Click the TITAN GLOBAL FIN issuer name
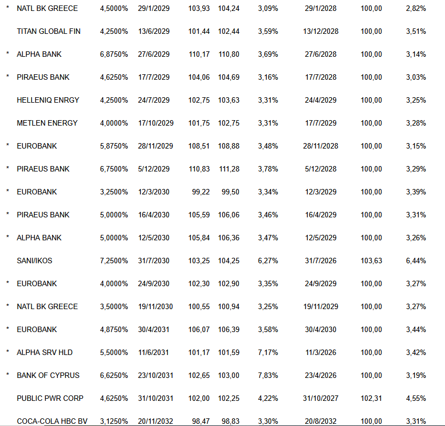(49, 31)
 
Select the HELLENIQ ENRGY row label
(48, 100)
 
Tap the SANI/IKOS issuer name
(34, 261)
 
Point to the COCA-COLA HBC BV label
(52, 421)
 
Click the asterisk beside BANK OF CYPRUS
(8, 375)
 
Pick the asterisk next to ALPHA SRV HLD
(8, 352)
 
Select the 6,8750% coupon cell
(114, 54)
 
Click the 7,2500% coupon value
(114, 261)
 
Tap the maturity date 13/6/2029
(154, 31)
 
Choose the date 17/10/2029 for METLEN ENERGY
(156, 123)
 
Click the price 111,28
(229, 169)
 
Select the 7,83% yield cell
(268, 375)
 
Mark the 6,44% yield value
(416, 261)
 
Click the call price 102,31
(371, 398)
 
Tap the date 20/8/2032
(321, 421)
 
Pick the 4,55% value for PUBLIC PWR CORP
(416, 398)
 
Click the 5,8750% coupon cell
(114, 146)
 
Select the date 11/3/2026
(321, 352)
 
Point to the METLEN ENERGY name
(47, 123)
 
